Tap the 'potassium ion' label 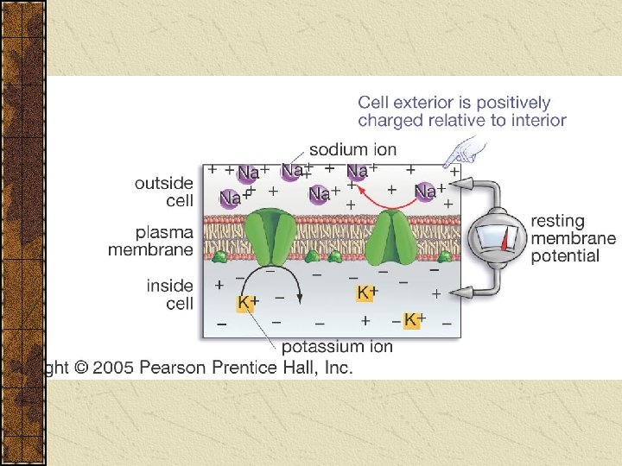337,347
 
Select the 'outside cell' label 163,192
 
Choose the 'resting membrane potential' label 573,238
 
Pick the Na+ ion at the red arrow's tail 425,191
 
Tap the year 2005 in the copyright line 111,368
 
